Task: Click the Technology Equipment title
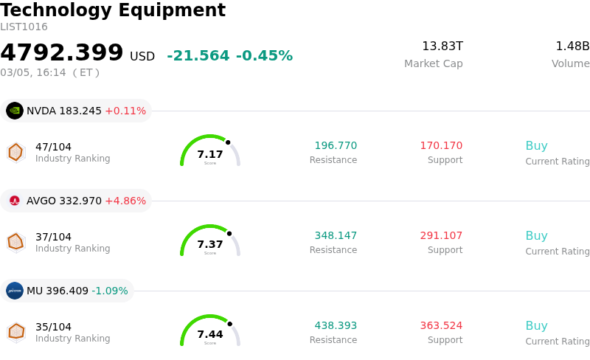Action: [x=113, y=10]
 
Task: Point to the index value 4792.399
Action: [x=62, y=53]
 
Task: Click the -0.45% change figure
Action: [x=264, y=56]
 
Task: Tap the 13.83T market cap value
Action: [x=442, y=46]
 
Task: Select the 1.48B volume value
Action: [x=572, y=46]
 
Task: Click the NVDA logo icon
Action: [x=15, y=111]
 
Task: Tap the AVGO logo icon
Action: [x=15, y=201]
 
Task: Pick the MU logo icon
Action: [x=15, y=291]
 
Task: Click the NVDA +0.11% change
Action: [x=125, y=111]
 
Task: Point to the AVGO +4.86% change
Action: [x=125, y=201]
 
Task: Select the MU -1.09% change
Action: [x=110, y=291]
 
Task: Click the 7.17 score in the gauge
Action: [x=210, y=154]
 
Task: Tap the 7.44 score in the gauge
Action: [x=210, y=334]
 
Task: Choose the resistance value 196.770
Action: [x=336, y=146]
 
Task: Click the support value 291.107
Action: [x=441, y=236]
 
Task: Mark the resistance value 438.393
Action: [x=336, y=326]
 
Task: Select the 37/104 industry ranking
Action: [x=53, y=237]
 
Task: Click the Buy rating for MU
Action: [x=536, y=326]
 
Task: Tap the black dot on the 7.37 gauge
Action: [x=229, y=233]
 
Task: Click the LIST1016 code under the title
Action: [x=24, y=27]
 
